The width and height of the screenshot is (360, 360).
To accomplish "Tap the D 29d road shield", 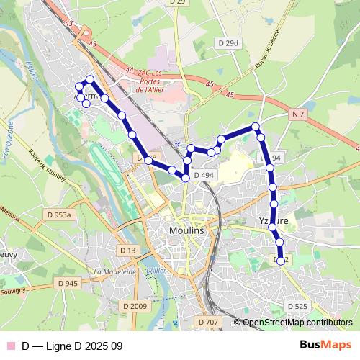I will pyautogui.click(x=228, y=43).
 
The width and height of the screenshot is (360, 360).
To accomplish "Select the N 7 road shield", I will pyautogui.click(x=300, y=114).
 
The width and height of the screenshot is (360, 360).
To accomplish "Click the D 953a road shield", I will pyautogui.click(x=60, y=215).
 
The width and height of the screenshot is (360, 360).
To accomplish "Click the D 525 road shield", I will pyautogui.click(x=297, y=306).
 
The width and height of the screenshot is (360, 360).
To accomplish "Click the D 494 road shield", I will pyautogui.click(x=204, y=175).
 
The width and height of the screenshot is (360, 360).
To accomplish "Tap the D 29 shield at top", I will pyautogui.click(x=177, y=2).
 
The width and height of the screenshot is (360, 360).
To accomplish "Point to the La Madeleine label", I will pyautogui.click(x=114, y=271).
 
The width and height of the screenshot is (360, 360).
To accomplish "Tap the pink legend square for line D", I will pyautogui.click(x=10, y=346).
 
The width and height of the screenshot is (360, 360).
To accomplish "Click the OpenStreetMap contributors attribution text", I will pyautogui.click(x=297, y=323).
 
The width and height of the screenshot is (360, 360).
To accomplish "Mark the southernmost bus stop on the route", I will pyautogui.click(x=281, y=261).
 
